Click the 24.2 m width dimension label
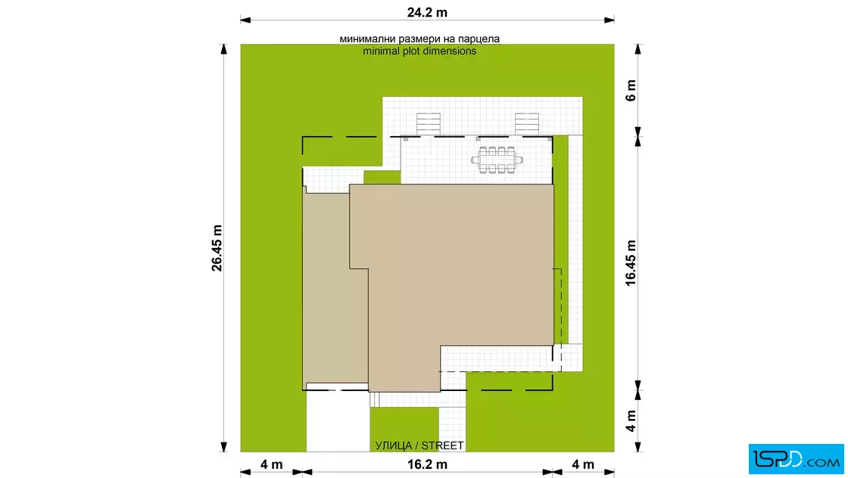427,12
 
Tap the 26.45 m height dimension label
217,248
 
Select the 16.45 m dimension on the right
631,263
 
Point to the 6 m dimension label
631,90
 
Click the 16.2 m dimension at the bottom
427,464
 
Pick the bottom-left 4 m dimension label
272,464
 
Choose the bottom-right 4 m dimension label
583,464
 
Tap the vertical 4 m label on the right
631,421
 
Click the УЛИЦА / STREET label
419,445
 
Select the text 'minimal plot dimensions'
419,51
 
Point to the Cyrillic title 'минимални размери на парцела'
419,39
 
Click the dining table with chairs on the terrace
497,160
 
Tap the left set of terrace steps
428,124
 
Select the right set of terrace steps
527,124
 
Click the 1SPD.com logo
796,459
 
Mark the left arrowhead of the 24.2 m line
245,20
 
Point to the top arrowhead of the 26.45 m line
224,49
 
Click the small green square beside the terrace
382,177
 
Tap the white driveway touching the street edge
338,421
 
